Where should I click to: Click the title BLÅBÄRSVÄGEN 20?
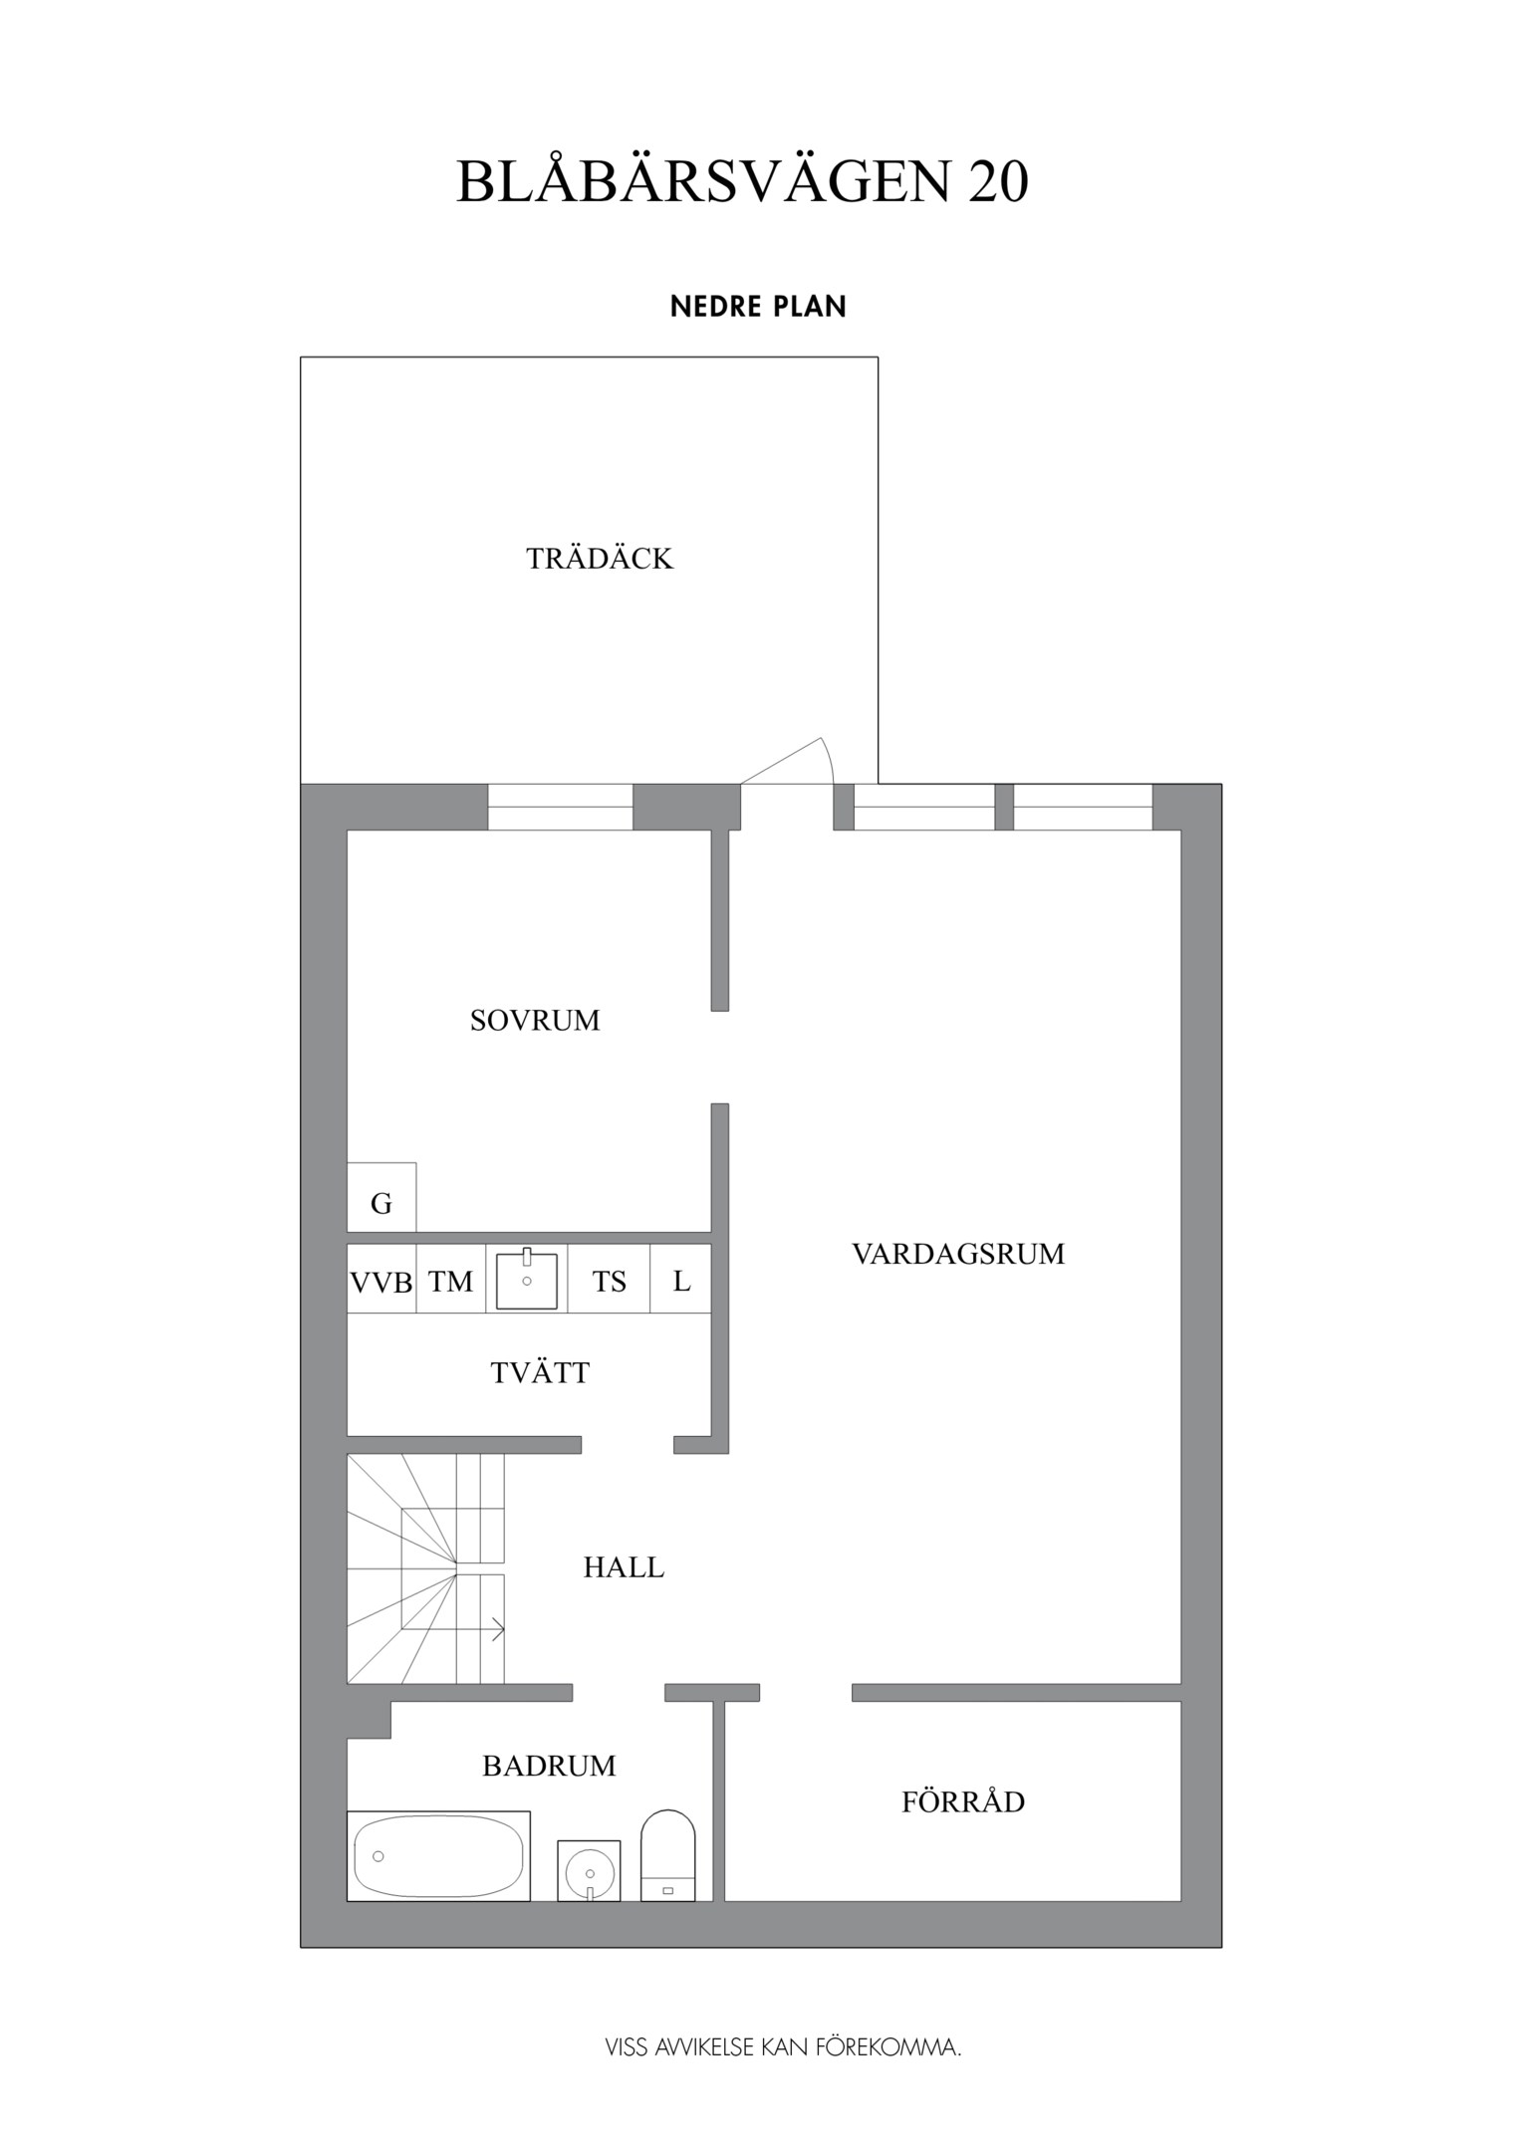coord(742,182)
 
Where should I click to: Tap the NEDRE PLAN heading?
coord(758,307)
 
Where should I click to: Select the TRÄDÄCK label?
coord(600,559)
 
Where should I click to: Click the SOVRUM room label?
coord(535,1021)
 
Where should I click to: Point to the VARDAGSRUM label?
coord(958,1254)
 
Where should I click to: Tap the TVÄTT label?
coord(540,1373)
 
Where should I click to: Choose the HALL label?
coord(624,1567)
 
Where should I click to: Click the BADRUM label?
coord(549,1766)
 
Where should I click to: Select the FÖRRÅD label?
coord(963,1802)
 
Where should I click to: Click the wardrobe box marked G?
coord(381,1198)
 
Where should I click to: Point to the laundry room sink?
coord(527,1280)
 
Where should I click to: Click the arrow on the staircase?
coord(495,1630)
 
